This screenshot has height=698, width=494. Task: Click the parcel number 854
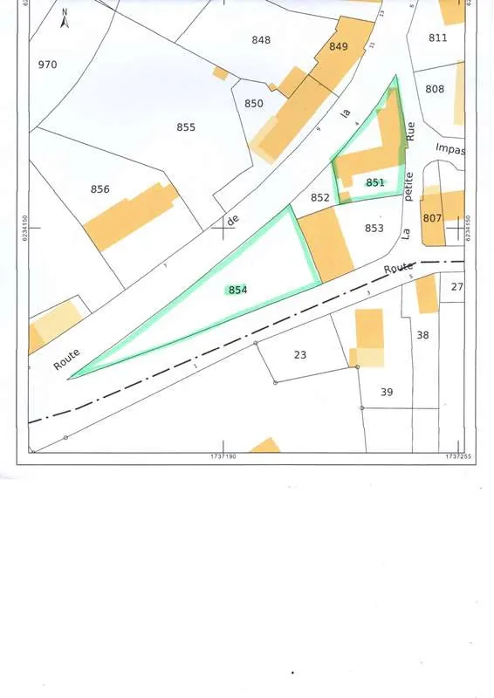point(237,290)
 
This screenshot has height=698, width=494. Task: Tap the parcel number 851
point(375,182)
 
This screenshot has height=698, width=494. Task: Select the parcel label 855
point(186,127)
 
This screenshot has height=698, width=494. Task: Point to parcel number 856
point(100,189)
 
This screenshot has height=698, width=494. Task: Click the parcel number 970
point(48,65)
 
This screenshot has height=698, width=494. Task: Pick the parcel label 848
point(261,40)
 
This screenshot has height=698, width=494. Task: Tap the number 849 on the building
point(339,46)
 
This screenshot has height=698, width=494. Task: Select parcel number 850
point(254,104)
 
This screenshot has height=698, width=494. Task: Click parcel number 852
point(320,198)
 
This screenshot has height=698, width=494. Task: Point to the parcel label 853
point(374,229)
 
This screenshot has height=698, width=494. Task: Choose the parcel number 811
point(438,38)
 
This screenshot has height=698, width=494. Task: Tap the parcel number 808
point(435,89)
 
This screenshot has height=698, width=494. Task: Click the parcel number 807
point(432,217)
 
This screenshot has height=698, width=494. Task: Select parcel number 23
point(300,354)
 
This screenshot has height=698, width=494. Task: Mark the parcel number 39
point(387,393)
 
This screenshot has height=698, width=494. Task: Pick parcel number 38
point(423,335)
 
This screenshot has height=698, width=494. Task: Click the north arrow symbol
point(65,19)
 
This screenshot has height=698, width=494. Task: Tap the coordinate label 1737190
point(225,456)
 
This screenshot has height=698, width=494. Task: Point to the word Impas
point(450,150)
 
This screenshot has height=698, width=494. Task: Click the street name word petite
point(408,188)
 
